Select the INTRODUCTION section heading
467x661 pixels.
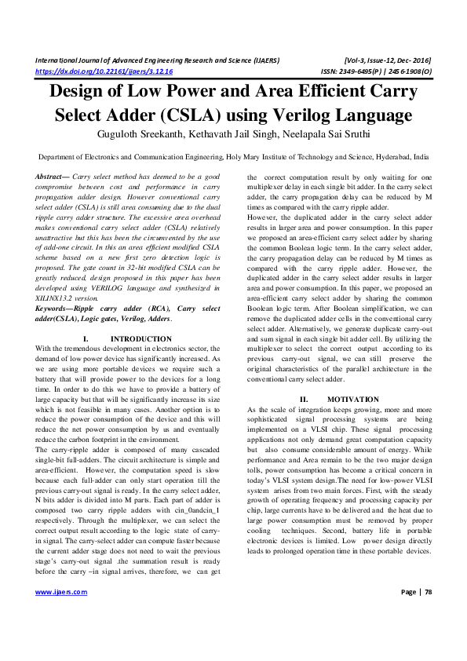pyautogui.click(x=142, y=360)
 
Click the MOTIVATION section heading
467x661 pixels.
pyautogui.click(x=348, y=400)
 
